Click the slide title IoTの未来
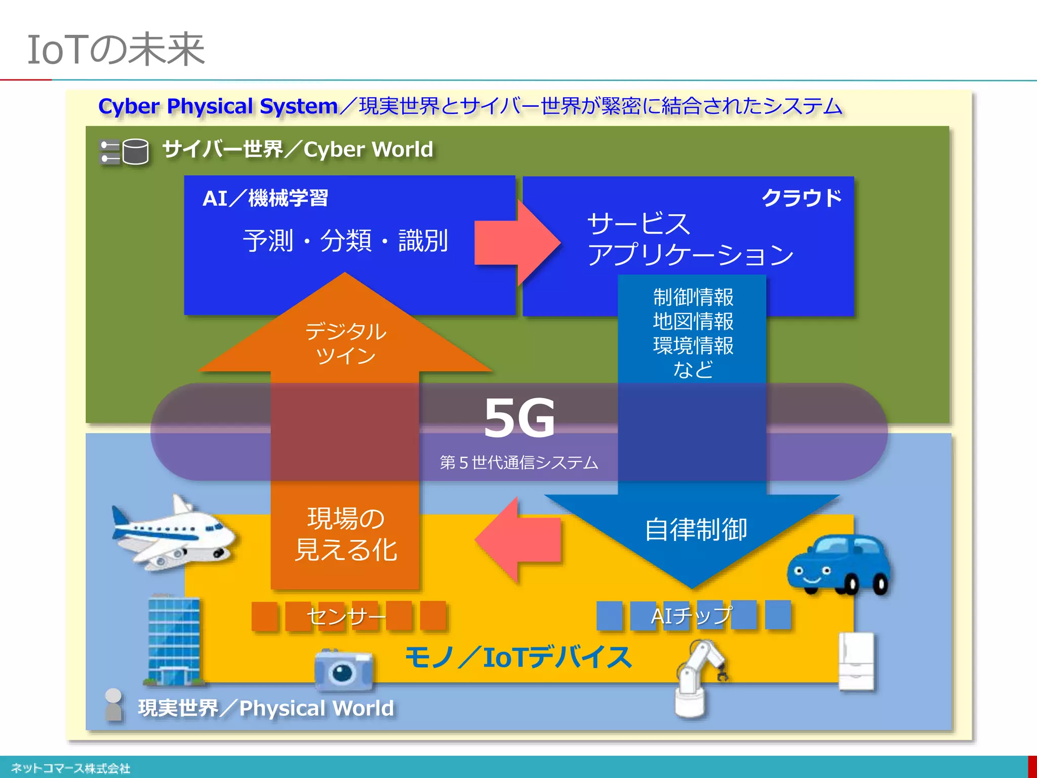click(116, 50)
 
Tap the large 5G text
click(519, 418)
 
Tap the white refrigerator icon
click(856, 661)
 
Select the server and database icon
click(125, 151)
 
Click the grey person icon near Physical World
click(113, 704)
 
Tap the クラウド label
click(802, 198)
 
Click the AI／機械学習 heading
click(265, 198)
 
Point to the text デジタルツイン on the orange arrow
click(345, 343)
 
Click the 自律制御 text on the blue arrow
click(696, 530)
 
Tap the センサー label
click(346, 616)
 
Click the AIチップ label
click(691, 615)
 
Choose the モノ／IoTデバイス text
click(518, 657)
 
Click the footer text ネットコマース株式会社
click(71, 768)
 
